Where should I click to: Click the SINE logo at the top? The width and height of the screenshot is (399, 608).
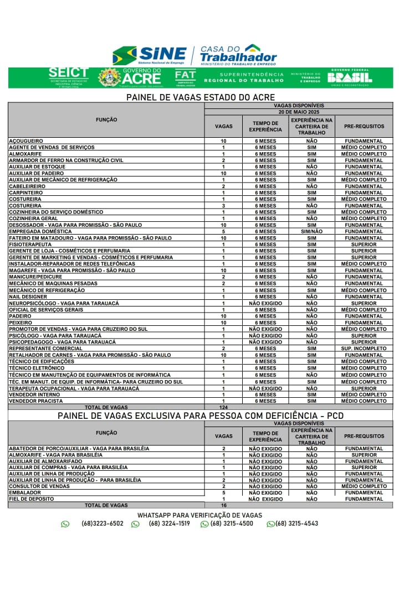(150, 55)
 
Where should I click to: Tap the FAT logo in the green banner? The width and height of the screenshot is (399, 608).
(185, 77)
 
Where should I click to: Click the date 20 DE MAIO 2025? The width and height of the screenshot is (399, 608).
(299, 112)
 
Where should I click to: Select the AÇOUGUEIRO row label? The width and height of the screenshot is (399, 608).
(26, 141)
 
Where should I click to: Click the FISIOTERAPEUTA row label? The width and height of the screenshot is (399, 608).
(30, 245)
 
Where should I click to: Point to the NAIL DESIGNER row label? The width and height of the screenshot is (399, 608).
(28, 297)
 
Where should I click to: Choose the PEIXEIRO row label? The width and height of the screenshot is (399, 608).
(21, 323)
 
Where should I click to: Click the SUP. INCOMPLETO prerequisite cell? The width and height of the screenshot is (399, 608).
(364, 349)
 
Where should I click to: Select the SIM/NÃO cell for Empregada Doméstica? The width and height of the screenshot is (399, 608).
(311, 232)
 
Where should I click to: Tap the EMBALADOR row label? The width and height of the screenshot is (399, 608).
(25, 492)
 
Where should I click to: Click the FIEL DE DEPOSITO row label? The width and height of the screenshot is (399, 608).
(32, 499)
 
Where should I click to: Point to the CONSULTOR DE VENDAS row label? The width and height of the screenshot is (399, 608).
(39, 486)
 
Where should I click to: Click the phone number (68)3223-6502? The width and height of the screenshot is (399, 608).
(102, 523)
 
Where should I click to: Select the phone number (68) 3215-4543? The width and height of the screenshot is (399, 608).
(296, 523)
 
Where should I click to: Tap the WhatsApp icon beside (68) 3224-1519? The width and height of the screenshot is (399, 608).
(135, 524)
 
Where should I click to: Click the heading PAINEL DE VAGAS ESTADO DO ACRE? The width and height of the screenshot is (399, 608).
(201, 97)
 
